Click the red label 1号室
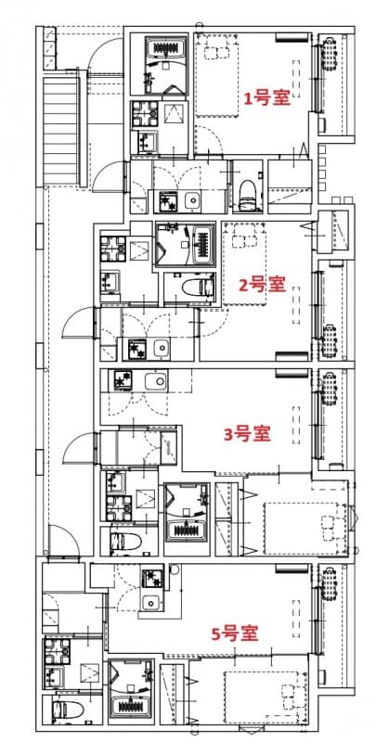tap(266, 98)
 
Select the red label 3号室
tap(248, 433)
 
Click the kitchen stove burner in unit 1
tap(168, 200)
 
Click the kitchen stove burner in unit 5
tap(151, 581)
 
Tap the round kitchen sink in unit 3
tap(153, 379)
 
